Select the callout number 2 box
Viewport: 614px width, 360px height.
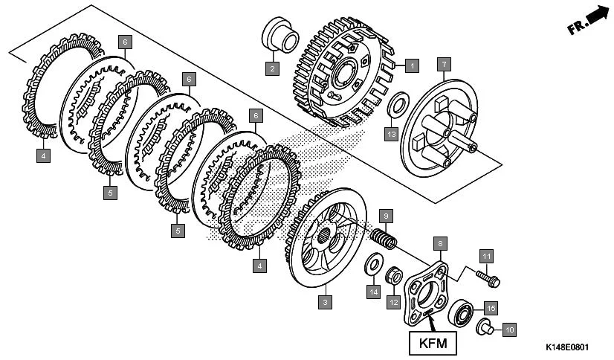click(272, 69)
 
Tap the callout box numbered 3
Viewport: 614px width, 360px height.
click(324, 302)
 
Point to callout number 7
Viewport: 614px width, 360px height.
click(443, 62)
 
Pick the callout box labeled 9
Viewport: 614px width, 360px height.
click(385, 216)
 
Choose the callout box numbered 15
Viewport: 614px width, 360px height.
click(491, 306)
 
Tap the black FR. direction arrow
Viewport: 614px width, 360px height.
click(595, 18)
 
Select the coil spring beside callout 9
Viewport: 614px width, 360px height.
click(384, 239)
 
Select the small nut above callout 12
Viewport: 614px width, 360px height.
click(394, 277)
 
